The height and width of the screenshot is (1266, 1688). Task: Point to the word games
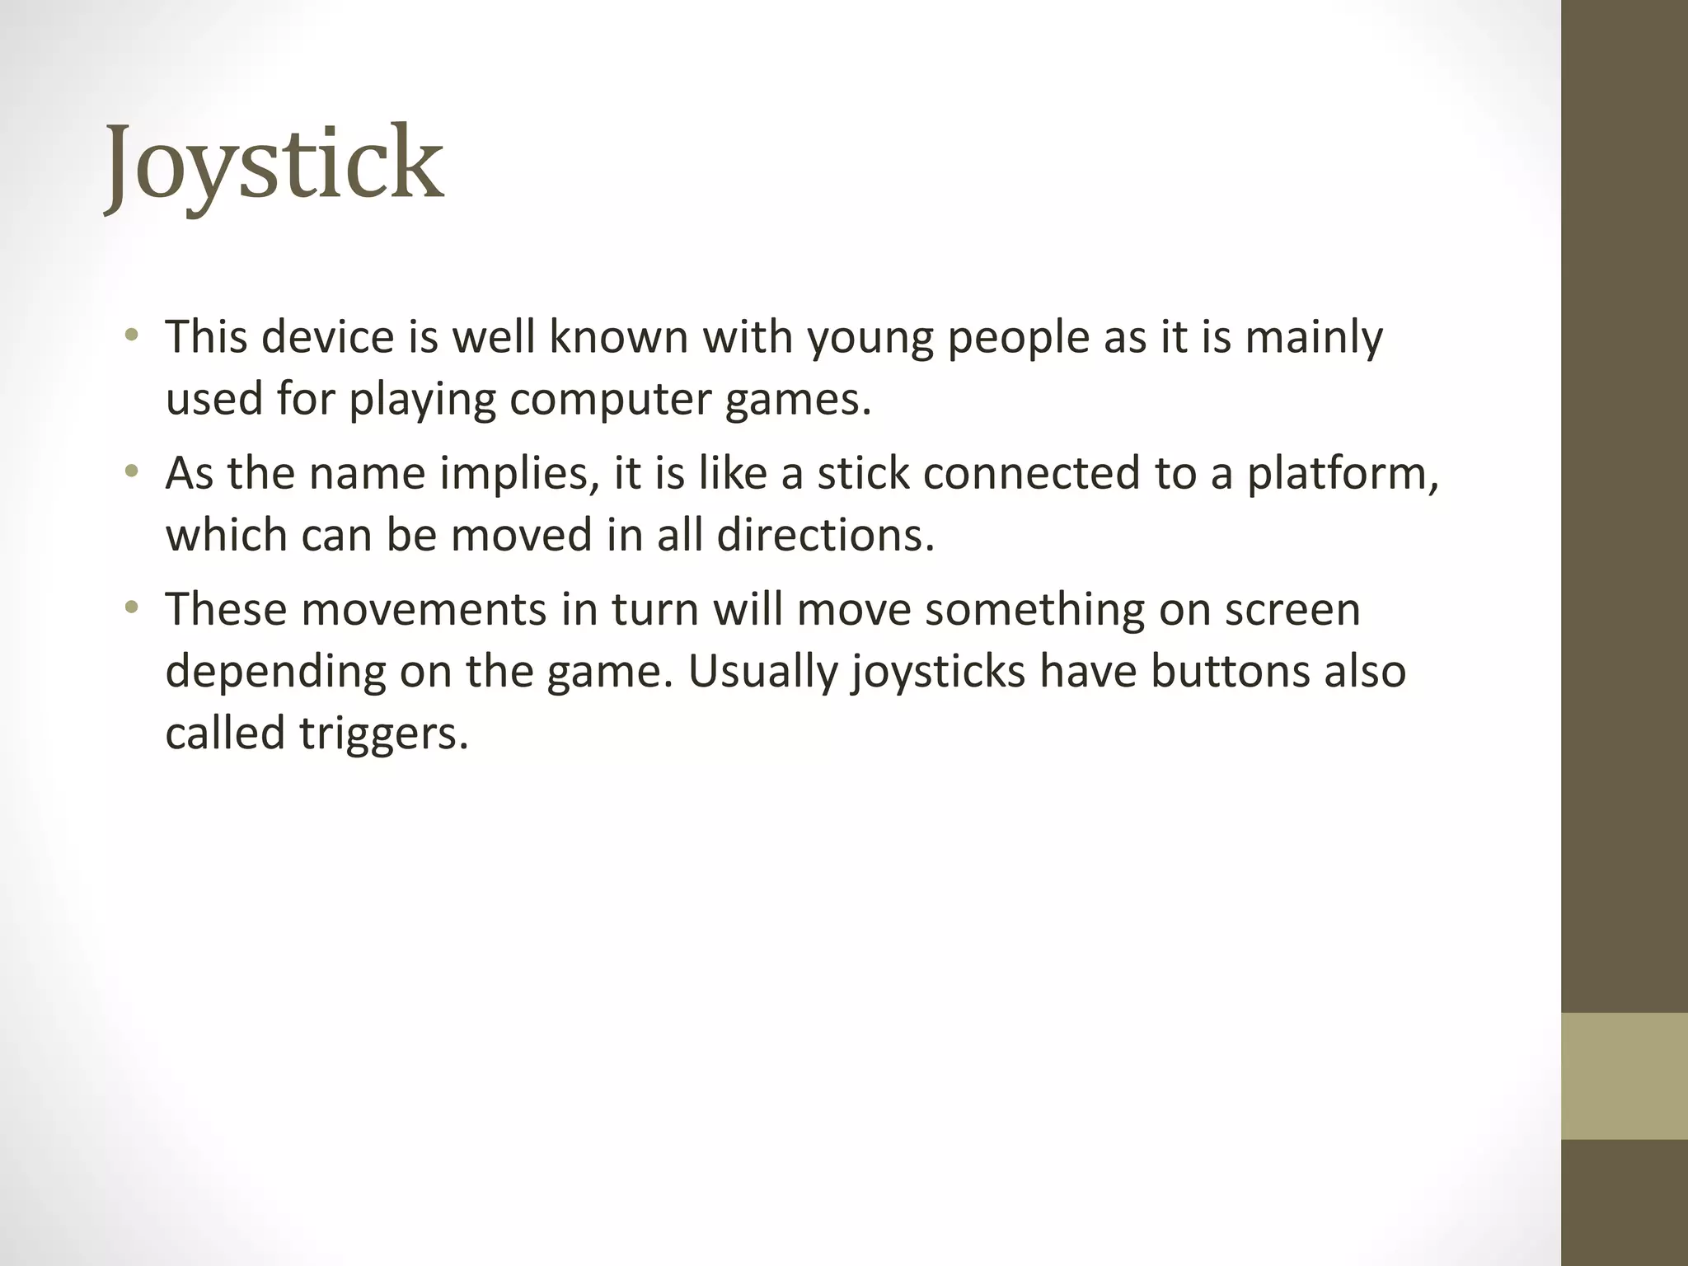pos(797,401)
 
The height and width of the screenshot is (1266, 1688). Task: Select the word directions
pos(825,535)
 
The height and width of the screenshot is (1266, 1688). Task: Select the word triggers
pos(383,734)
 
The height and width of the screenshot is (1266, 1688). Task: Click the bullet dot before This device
pos(131,335)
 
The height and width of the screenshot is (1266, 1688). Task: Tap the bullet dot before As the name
pos(131,472)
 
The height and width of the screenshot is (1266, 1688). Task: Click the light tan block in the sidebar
pos(1624,1076)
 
